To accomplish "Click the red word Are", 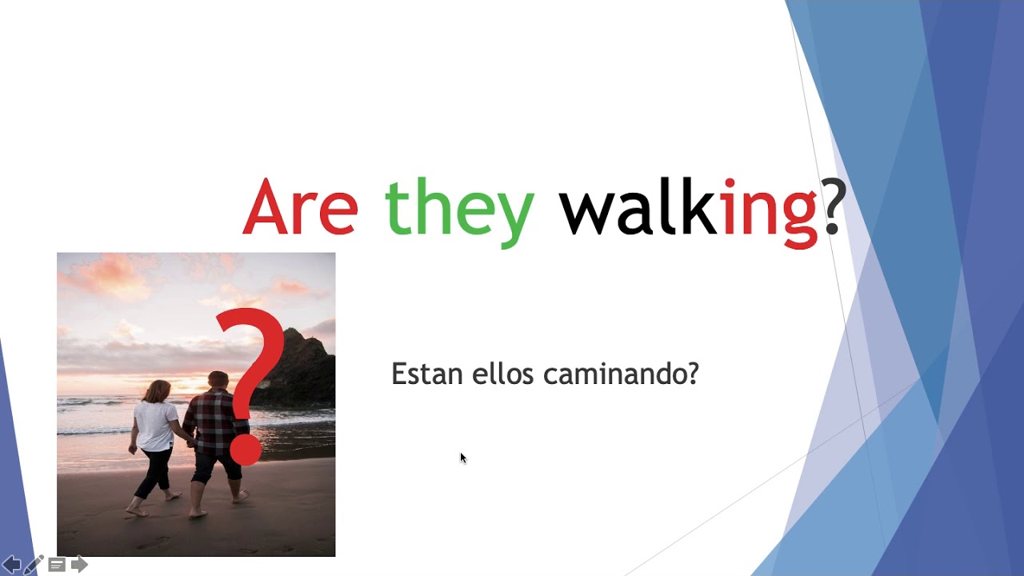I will tap(300, 208).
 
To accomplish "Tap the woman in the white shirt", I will tap(156, 432).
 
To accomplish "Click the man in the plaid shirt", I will tap(214, 432).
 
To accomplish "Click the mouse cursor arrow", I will tap(462, 458).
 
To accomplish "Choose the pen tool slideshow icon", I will tap(34, 565).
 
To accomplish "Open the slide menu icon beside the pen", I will tap(57, 565).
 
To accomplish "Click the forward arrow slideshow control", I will tap(79, 565).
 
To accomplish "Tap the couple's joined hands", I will tap(190, 441).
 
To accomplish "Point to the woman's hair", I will tap(158, 391).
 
